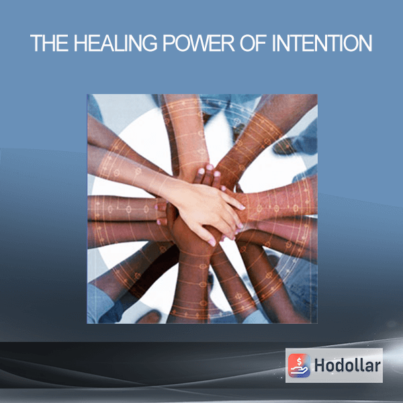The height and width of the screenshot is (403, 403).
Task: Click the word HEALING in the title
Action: tap(116, 43)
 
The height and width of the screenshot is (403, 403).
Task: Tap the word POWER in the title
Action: tap(198, 43)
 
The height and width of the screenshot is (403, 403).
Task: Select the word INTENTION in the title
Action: tap(322, 43)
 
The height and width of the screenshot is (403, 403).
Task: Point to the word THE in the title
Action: tap(49, 43)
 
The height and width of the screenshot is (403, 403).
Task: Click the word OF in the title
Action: tap(253, 43)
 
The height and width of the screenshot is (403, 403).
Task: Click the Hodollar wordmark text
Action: tap(347, 365)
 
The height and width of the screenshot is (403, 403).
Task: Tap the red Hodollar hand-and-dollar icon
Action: tap(299, 365)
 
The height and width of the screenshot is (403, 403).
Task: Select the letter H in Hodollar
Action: tap(320, 365)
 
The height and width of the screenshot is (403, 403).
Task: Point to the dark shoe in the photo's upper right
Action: tap(284, 146)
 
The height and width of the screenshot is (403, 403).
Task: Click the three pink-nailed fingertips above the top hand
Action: tap(210, 171)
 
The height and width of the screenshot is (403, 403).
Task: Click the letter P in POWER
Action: tap(169, 43)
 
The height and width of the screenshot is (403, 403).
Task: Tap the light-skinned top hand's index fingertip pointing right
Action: tap(242, 206)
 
